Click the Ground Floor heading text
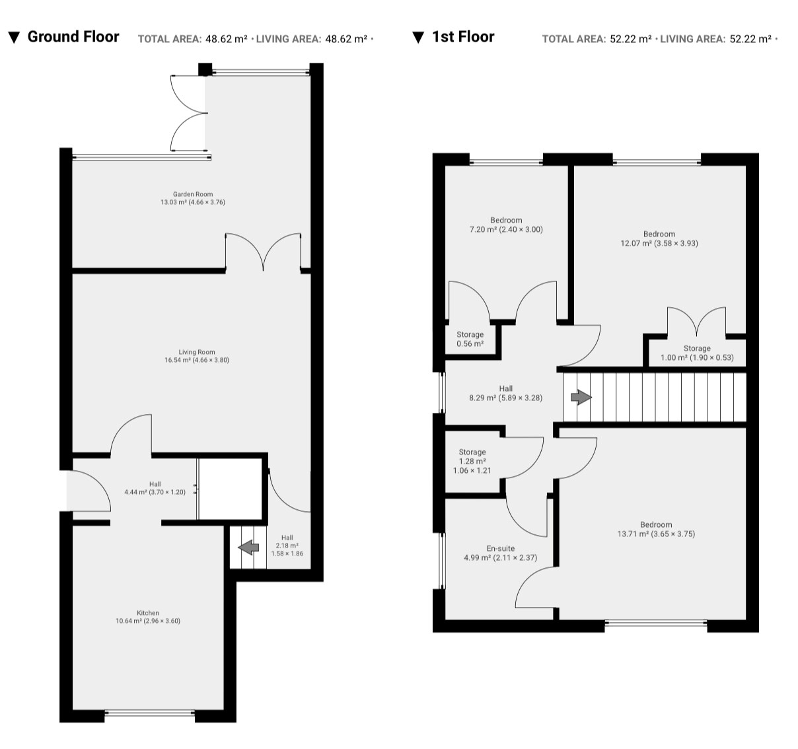(73, 36)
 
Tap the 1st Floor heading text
(463, 36)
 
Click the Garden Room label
(193, 198)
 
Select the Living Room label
(197, 356)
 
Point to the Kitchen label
(148, 617)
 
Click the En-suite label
(500, 553)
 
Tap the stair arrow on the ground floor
(248, 548)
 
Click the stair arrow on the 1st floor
(581, 398)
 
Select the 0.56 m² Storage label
(470, 339)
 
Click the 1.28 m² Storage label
(472, 461)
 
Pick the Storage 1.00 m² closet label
(697, 353)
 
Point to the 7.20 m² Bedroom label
(506, 225)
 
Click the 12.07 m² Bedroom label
(659, 238)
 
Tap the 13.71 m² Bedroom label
(656, 529)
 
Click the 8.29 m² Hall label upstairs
(505, 393)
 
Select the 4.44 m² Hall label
(155, 488)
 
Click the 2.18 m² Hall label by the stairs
(287, 546)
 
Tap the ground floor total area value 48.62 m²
(226, 39)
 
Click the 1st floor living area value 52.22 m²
(750, 39)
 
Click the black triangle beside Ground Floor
(14, 38)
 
